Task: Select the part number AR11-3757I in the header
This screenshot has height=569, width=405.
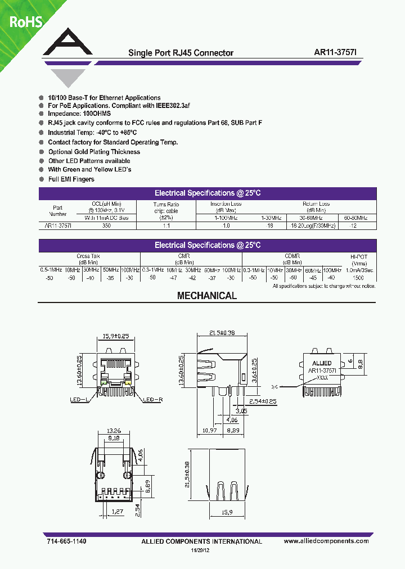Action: pos(339,53)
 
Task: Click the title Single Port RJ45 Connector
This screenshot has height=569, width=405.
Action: pos(181,53)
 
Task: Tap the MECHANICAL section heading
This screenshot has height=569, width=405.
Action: pos(207,296)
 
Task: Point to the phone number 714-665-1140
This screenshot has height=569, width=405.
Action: pos(64,541)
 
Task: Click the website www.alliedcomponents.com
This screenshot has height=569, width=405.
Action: pos(326,541)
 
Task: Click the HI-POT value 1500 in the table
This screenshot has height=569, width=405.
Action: pos(358,278)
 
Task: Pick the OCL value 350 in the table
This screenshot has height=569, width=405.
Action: pos(106,225)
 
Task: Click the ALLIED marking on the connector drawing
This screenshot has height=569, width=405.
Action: pos(322,363)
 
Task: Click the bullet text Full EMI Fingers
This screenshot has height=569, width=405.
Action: pos(71,179)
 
